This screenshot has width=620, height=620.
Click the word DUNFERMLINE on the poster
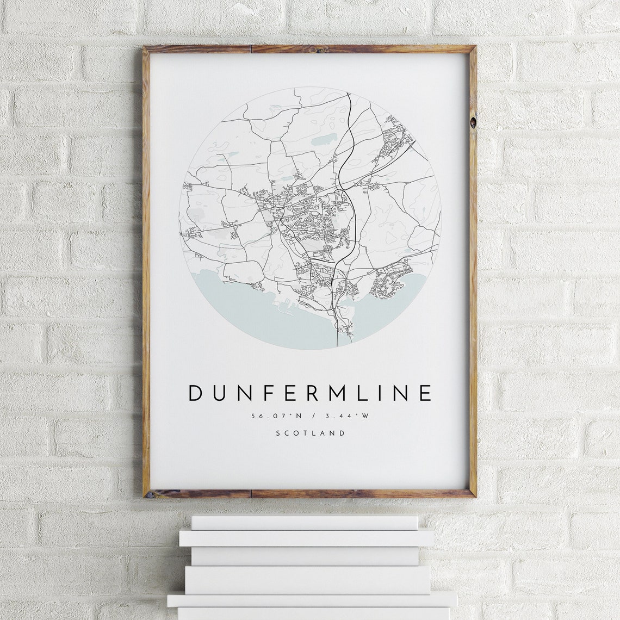pyautogui.click(x=310, y=393)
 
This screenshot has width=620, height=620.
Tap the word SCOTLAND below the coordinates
pyautogui.click(x=310, y=433)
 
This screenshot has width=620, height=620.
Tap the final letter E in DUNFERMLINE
pyautogui.click(x=426, y=393)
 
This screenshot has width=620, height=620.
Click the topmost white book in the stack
pyautogui.click(x=305, y=523)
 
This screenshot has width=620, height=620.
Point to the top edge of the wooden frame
pyautogui.click(x=310, y=49)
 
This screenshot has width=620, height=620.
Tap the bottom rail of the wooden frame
pyautogui.click(x=310, y=493)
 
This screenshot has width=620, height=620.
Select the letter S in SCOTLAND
pyautogui.click(x=278, y=433)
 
